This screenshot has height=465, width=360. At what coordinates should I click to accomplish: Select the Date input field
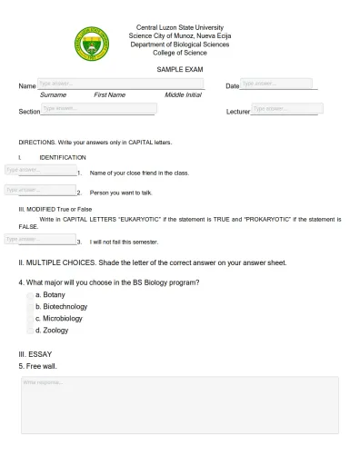276,84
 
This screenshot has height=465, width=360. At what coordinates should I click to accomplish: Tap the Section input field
98,109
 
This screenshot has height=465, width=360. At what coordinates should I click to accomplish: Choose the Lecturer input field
283,109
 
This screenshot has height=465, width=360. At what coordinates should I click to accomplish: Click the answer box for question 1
40,170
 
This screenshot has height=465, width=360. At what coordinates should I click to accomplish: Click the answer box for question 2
40,190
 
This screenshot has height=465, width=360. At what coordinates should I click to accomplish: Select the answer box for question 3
40,239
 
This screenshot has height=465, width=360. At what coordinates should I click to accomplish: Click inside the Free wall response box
179,405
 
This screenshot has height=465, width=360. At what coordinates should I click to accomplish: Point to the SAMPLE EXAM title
179,69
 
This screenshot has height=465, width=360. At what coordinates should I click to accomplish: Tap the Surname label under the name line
53,94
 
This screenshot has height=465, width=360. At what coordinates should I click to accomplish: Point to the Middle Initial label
183,94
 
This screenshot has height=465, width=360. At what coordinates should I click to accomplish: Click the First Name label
109,94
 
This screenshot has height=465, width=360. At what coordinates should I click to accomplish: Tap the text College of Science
179,52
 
